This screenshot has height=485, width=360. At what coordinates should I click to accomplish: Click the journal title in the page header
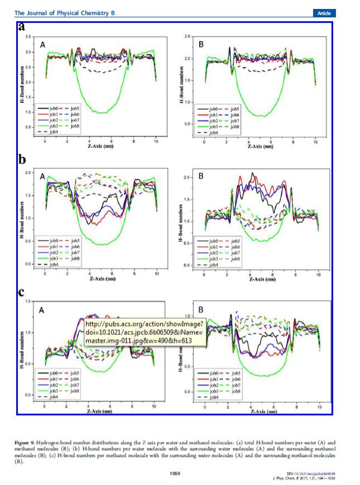point(60,12)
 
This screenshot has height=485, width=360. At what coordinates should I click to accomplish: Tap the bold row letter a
point(22,26)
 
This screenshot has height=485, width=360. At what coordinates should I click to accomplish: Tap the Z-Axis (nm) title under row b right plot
point(260,278)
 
